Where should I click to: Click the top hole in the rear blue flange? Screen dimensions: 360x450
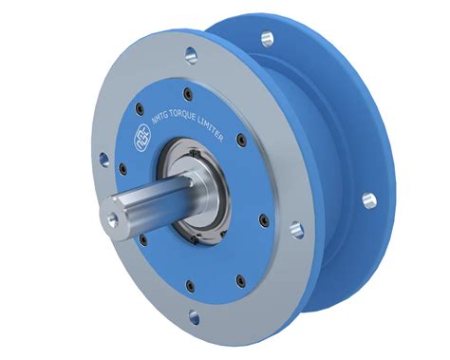(x=267, y=38)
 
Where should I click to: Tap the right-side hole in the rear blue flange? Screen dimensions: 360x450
(x=368, y=199)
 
